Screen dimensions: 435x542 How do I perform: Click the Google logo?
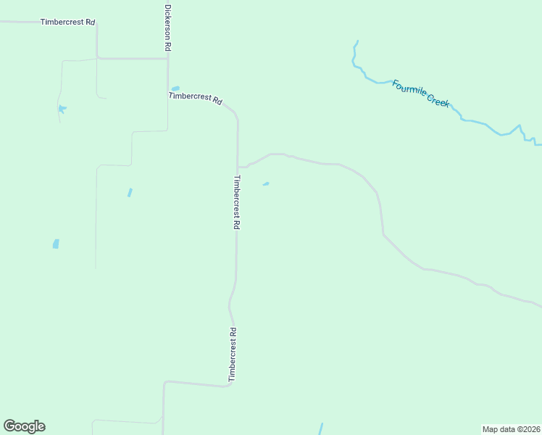pyautogui.click(x=24, y=426)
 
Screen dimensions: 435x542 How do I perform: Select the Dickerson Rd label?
pyautogui.click(x=167, y=28)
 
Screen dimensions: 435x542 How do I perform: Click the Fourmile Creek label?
pyautogui.click(x=421, y=94)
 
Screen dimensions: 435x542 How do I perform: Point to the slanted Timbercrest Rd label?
pyautogui.click(x=195, y=99)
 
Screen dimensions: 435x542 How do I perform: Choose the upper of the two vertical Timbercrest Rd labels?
pyautogui.click(x=236, y=202)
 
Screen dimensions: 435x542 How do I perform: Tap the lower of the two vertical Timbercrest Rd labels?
pyautogui.click(x=233, y=355)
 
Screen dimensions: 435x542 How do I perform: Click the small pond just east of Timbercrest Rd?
pyautogui.click(x=266, y=184)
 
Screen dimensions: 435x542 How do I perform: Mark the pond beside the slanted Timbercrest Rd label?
pyautogui.click(x=175, y=88)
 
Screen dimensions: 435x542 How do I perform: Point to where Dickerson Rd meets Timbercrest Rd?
pyautogui.click(x=168, y=59)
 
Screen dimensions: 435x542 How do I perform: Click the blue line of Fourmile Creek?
pyautogui.click(x=478, y=121)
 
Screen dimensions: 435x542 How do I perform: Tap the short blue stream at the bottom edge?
pyautogui.click(x=321, y=428)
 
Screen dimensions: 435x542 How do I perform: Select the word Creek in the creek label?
pyautogui.click(x=438, y=101)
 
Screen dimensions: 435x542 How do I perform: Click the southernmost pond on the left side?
pyautogui.click(x=56, y=244)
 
